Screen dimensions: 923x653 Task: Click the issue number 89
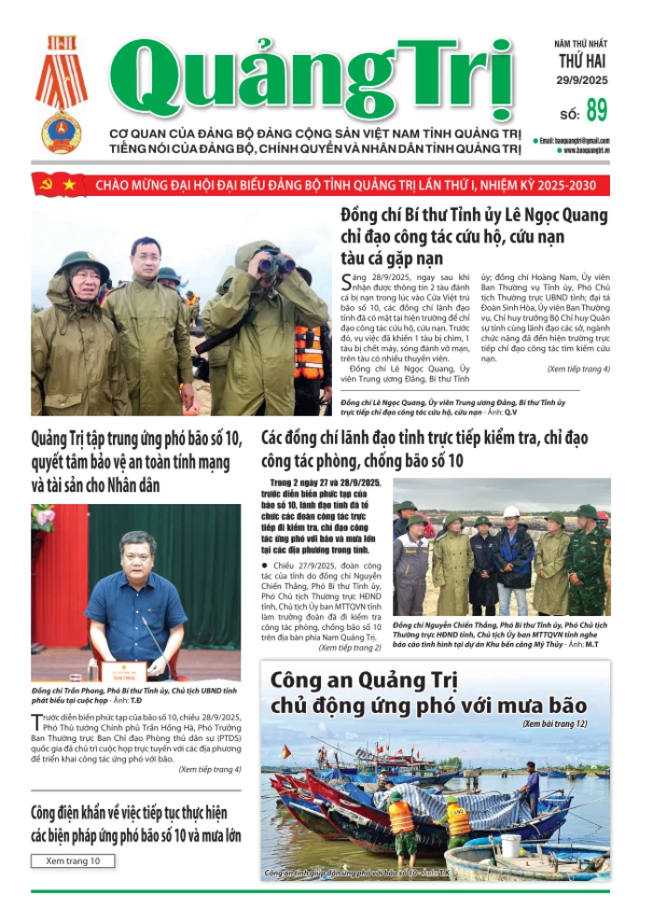coord(597,111)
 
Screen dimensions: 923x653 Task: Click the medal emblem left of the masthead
coord(62,93)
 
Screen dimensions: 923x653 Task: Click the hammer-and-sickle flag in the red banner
coord(44,185)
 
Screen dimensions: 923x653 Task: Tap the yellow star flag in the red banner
coord(70,185)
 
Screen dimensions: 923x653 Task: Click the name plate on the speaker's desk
coord(124,668)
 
